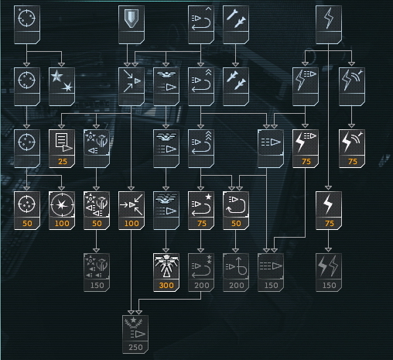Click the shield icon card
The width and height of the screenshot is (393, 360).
coord(132,25)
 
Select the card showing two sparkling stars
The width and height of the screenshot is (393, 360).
coord(62,87)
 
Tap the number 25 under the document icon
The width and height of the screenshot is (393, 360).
coord(63,162)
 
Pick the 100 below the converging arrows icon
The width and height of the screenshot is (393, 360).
coord(132,224)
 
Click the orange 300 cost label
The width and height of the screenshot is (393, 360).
coord(166,286)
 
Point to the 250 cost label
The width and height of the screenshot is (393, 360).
coord(135,348)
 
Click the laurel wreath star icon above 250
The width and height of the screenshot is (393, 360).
coord(135,327)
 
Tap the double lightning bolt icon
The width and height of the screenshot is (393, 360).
coord(329,266)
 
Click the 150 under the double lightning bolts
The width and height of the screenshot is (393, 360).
coord(330,286)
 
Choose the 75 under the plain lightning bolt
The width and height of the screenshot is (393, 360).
coord(330,224)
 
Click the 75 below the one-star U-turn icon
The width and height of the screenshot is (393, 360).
coord(202,224)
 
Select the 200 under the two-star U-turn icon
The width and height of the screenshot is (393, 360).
coord(202,286)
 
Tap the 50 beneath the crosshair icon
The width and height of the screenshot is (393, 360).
coord(27,224)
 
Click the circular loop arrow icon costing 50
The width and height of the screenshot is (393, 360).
coord(236,205)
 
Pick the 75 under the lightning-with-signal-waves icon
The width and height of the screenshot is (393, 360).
coord(353,162)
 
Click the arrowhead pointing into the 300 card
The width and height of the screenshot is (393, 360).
coord(166,251)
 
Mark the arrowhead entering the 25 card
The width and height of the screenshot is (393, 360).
coord(61,126)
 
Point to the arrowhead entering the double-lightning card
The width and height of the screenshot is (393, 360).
coord(328,250)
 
